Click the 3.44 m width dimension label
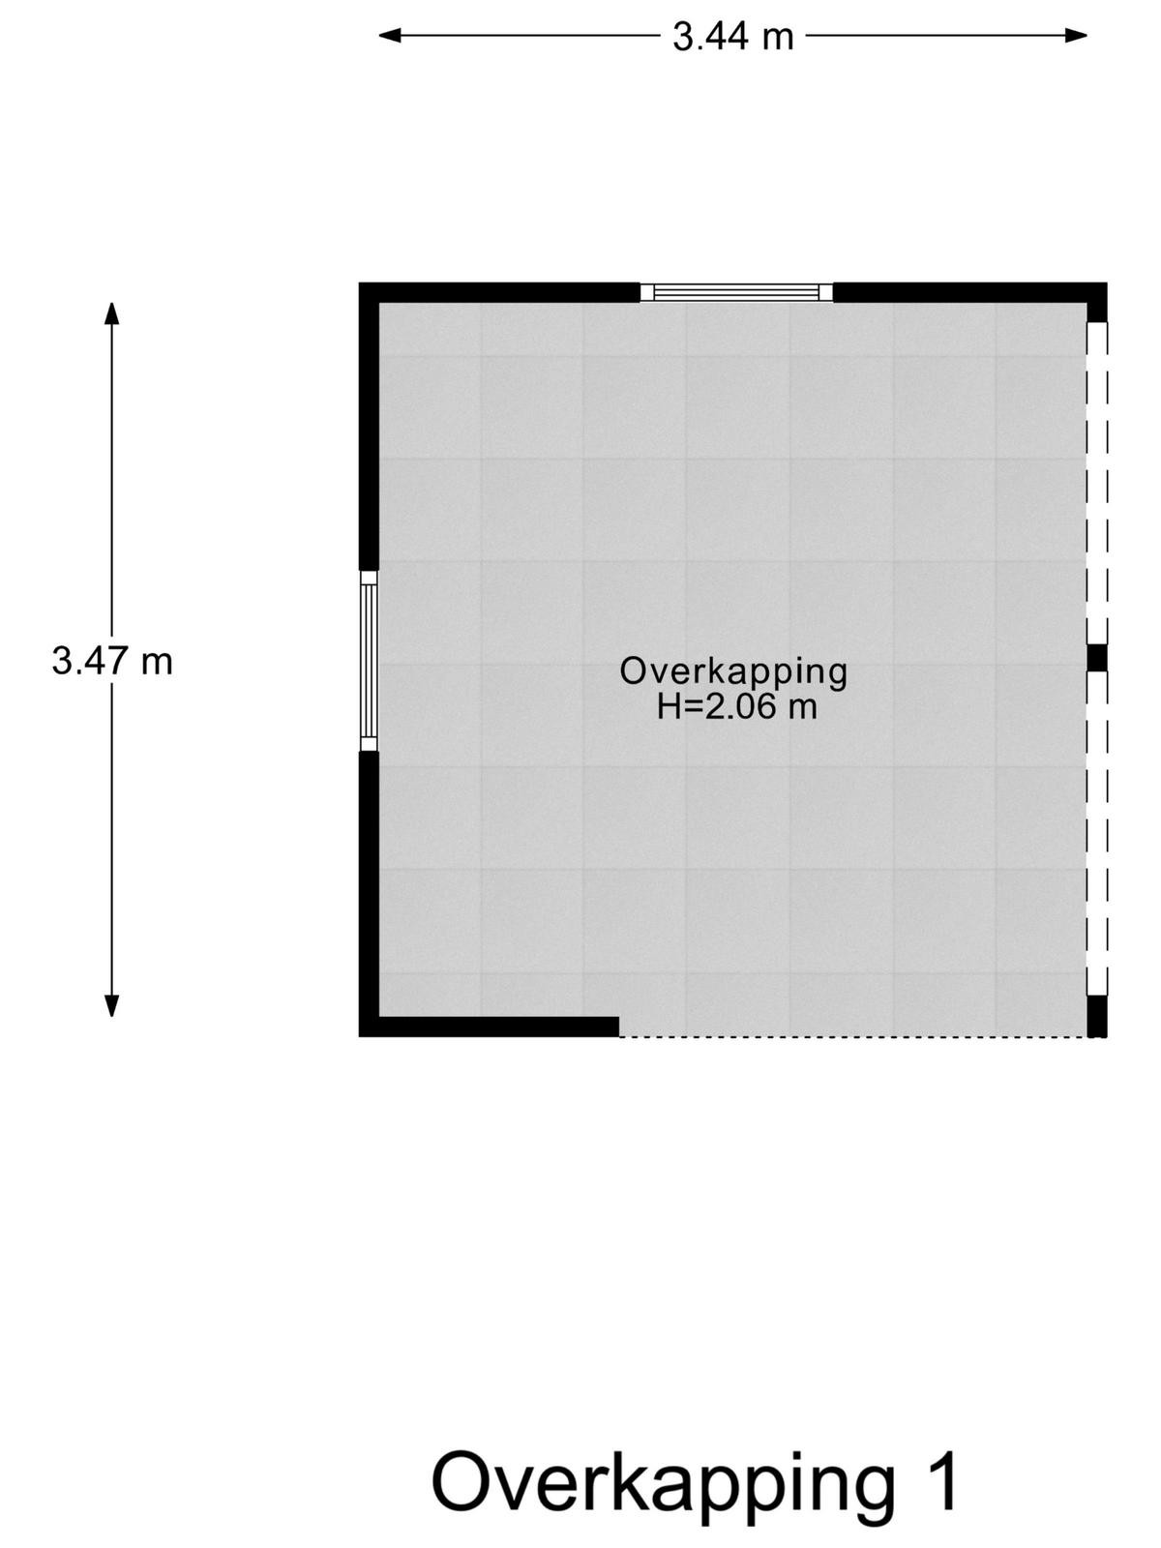[733, 37]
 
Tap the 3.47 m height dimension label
[112, 662]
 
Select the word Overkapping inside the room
[733, 672]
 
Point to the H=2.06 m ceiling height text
[737, 706]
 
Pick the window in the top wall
[736, 292]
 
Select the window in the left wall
[369, 661]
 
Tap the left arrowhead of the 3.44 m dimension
[390, 36]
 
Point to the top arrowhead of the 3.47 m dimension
[111, 313]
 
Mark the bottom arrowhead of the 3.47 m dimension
[111, 1005]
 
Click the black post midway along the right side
[1097, 658]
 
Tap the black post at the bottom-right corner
[1097, 1016]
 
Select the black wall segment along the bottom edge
[490, 1027]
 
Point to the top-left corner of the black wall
[360, 283]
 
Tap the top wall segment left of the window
[500, 292]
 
